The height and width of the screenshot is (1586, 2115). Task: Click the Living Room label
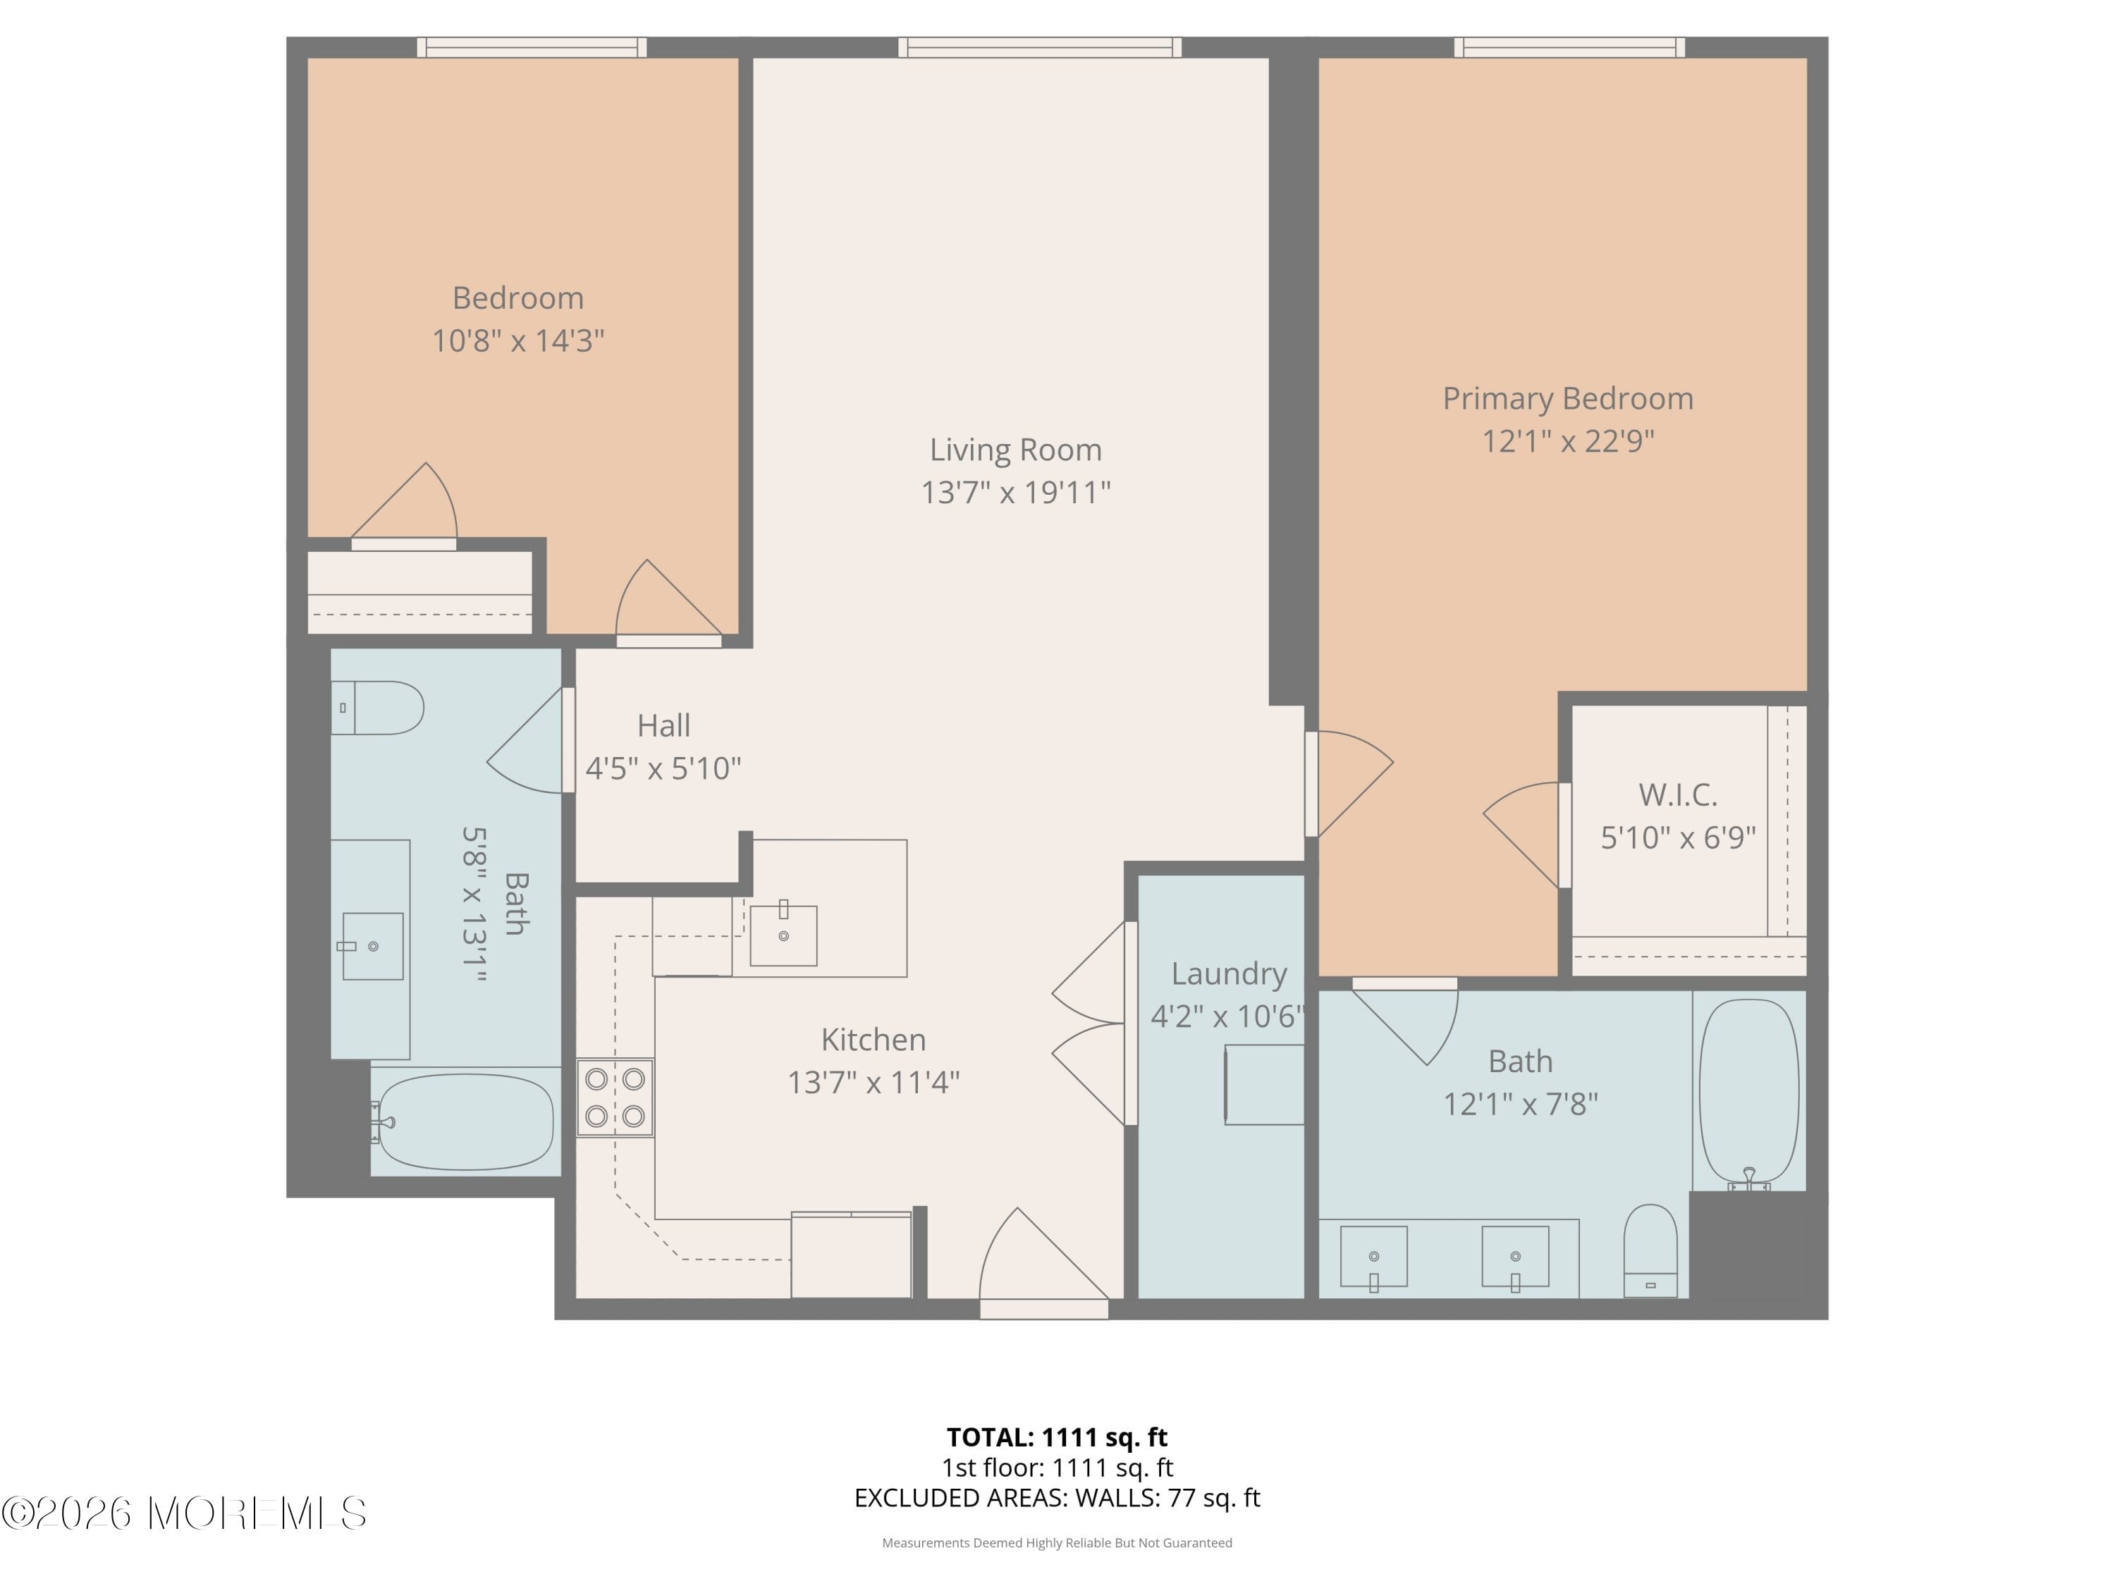[1015, 449]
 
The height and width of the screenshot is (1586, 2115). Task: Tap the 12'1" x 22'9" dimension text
[1567, 441]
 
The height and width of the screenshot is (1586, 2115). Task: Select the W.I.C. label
[1677, 794]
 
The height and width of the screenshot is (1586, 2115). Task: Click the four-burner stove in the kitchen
[615, 1098]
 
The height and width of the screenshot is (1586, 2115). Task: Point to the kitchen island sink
[783, 935]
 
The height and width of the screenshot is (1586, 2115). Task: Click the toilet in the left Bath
[379, 708]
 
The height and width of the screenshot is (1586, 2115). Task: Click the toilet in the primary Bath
[1650, 1250]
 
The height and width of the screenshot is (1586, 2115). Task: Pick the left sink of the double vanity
[1373, 1256]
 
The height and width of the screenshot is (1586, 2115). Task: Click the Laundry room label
[1229, 973]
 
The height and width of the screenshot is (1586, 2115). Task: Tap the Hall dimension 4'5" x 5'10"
[663, 768]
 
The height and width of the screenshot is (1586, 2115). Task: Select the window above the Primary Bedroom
[1569, 47]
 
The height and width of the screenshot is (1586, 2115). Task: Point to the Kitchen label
[873, 1039]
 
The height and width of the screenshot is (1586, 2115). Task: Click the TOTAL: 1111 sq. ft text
[1057, 1437]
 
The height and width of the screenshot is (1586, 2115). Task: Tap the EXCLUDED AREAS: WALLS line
[1057, 1497]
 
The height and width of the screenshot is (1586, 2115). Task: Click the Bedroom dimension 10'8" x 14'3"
[517, 340]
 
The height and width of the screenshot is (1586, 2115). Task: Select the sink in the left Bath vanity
[372, 945]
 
